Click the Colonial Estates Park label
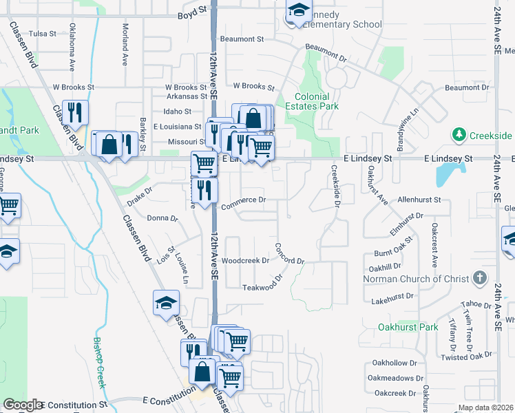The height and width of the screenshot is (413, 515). (x=317, y=101)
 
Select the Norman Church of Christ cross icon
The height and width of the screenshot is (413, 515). (x=480, y=278)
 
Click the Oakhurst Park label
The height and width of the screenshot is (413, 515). (x=408, y=327)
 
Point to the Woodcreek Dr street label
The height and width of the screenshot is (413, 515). (x=240, y=262)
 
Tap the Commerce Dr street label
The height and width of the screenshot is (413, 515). (x=243, y=200)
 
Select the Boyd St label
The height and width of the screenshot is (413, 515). (x=192, y=14)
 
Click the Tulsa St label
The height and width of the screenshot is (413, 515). (x=43, y=33)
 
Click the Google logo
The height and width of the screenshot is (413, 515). (x=22, y=405)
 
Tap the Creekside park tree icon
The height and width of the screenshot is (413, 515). (x=459, y=134)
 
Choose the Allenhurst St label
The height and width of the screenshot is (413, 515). (x=419, y=200)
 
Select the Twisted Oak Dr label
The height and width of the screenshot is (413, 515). (x=465, y=356)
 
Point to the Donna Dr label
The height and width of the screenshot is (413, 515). (x=163, y=218)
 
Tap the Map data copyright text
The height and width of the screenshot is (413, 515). (x=485, y=407)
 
